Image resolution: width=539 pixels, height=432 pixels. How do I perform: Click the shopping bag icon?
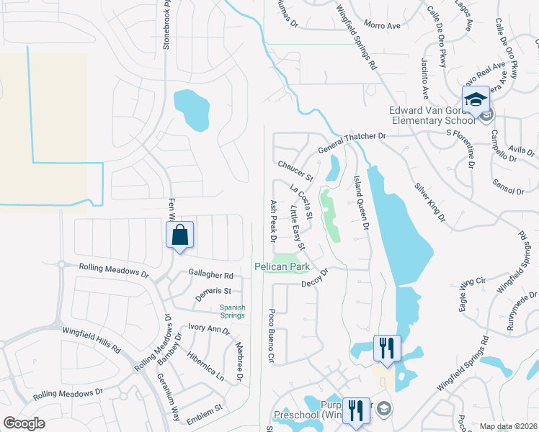[179, 234]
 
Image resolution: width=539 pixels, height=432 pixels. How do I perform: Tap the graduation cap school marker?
[476, 99]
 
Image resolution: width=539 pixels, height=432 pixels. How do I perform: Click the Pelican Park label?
[282, 266]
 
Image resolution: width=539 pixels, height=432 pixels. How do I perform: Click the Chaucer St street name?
[296, 172]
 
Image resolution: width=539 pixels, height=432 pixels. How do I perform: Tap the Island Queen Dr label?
[362, 202]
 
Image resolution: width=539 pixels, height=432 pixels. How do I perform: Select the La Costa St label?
[300, 202]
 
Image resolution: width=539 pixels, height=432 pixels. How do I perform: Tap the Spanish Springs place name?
[232, 311]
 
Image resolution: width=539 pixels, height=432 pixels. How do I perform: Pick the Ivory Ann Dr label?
[208, 329]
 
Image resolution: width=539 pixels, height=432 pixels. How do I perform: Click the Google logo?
[24, 423]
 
